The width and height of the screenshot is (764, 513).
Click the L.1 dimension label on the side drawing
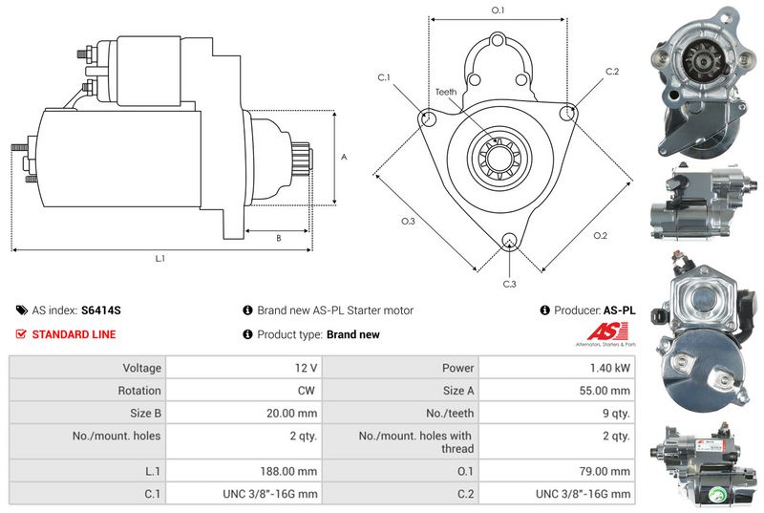[x=160, y=259]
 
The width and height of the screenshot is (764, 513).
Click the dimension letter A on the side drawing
[x=344, y=157]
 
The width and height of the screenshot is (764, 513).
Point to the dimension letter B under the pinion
[x=278, y=238]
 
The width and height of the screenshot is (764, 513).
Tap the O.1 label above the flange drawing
[x=498, y=10]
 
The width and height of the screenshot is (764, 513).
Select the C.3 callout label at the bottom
[x=509, y=284]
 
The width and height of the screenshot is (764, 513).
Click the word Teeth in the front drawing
[x=446, y=92]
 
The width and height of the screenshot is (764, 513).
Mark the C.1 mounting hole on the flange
[x=429, y=118]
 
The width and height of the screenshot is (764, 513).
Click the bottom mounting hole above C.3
[x=509, y=240]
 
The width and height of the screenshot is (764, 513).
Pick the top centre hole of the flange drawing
[x=498, y=40]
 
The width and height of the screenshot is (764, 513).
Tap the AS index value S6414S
[x=101, y=310]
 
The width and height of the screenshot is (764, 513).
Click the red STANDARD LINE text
[x=74, y=334]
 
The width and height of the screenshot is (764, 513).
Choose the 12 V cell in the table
[x=307, y=368]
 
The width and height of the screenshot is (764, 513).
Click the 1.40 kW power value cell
[x=609, y=368]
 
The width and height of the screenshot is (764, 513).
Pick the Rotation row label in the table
[x=140, y=391]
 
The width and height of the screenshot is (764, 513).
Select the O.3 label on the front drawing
[x=408, y=221]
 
